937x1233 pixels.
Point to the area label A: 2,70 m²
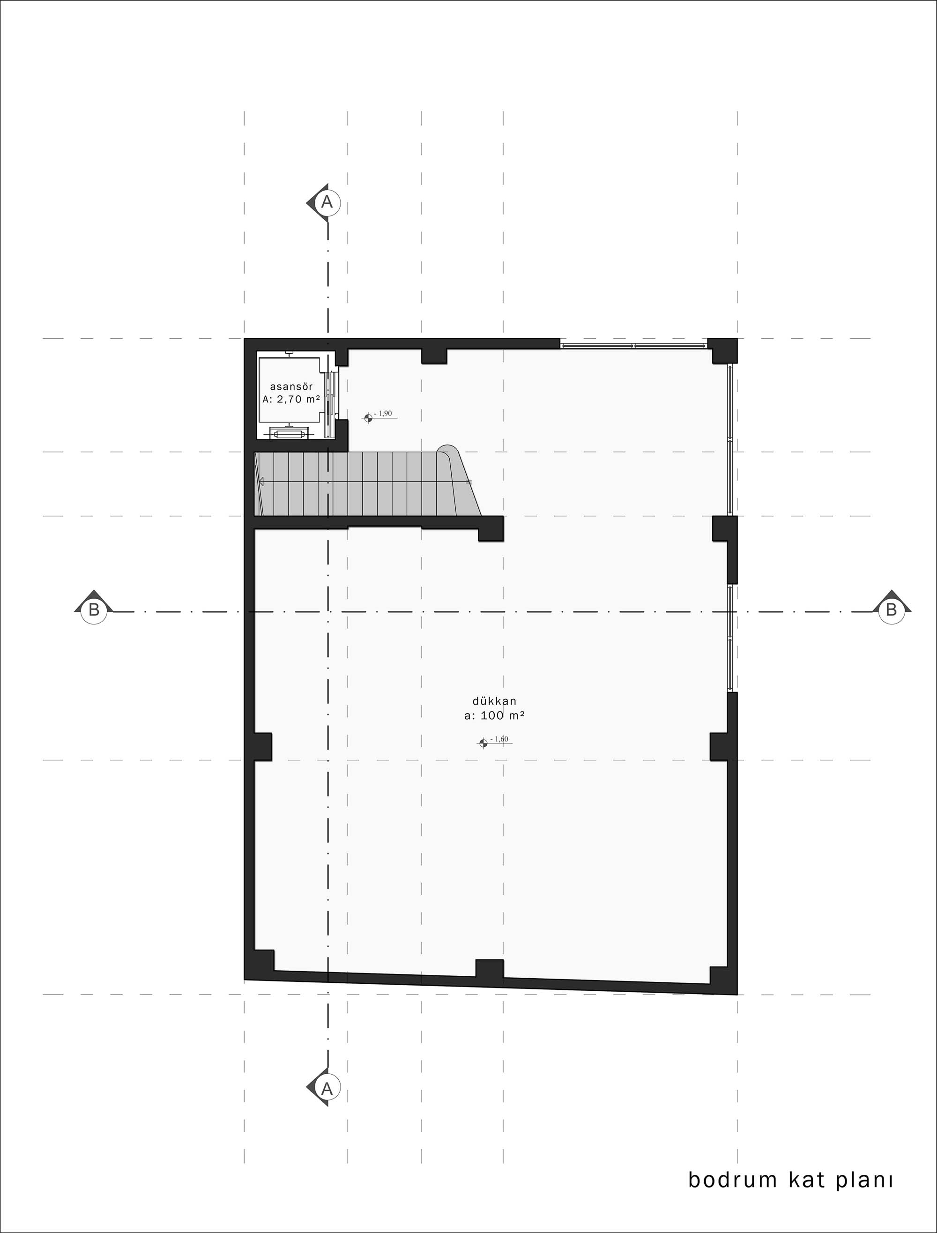(x=291, y=399)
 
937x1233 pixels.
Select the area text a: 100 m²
(x=494, y=715)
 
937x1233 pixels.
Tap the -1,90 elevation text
(x=385, y=414)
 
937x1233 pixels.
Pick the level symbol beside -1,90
(x=368, y=418)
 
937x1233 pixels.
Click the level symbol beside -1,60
(x=483, y=743)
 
